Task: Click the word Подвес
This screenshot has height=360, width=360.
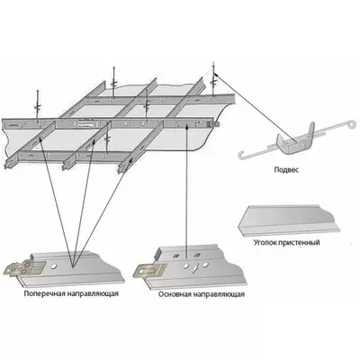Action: coord(286,170)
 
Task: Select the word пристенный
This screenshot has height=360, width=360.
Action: coord(300,242)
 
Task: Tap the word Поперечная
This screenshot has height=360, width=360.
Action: coord(44,293)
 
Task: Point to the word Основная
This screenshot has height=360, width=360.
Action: coord(175,294)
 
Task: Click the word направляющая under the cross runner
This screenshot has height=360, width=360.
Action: coord(93,293)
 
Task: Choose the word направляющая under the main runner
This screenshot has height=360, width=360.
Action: coord(219,294)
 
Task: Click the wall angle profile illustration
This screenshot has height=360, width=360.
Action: coord(289,220)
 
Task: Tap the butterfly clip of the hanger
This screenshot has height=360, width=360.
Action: coord(295,140)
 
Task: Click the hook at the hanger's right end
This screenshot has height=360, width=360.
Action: coord(350,122)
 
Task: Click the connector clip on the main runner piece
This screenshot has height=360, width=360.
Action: coord(149,270)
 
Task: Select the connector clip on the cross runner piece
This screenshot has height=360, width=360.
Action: coord(25,267)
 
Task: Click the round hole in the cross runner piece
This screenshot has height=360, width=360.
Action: coord(53,265)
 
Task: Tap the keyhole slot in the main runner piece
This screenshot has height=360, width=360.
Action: coord(196,267)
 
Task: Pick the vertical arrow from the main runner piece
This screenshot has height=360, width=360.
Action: coord(186,191)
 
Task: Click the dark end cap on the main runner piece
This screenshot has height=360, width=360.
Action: coord(157,254)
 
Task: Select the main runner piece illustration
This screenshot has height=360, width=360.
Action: coord(190,267)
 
